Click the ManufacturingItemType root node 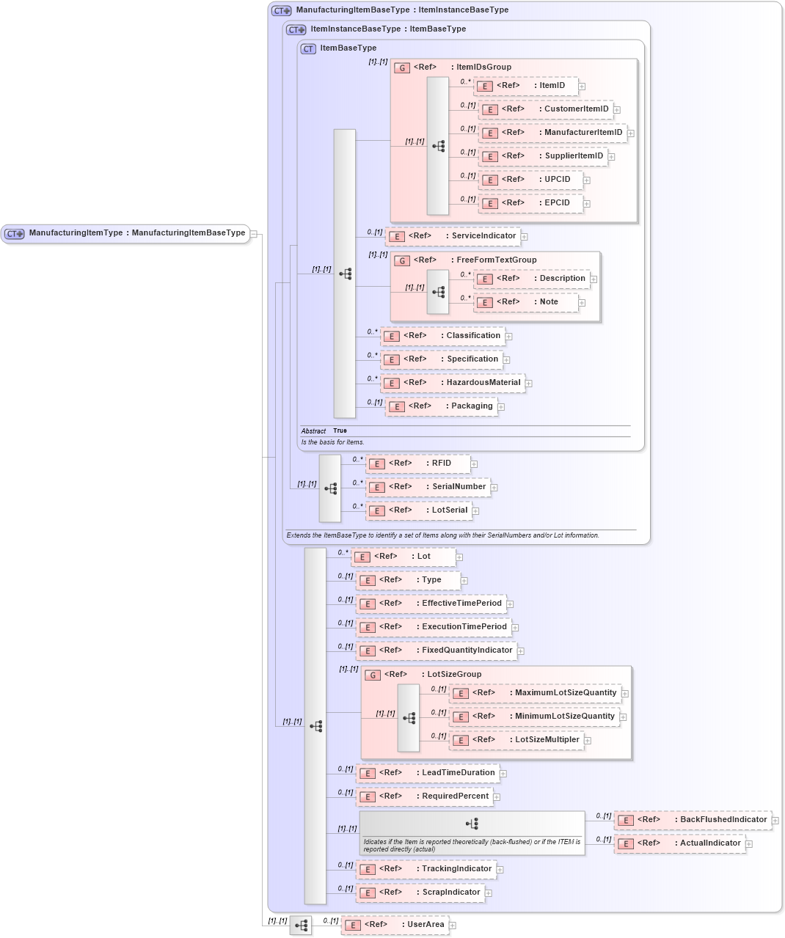click(125, 233)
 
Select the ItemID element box click(525, 86)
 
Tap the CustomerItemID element click(545, 109)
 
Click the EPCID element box click(530, 203)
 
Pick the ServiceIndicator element click(453, 236)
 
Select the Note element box click(525, 302)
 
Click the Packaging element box click(441, 406)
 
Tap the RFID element click(418, 463)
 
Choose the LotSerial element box click(418, 510)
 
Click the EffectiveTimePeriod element click(431, 604)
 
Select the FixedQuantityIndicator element click(437, 651)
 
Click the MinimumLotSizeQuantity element click(534, 717)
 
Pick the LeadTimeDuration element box click(428, 773)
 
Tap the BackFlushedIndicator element click(693, 820)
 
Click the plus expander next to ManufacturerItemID click(630, 133)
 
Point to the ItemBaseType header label click(348, 48)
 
